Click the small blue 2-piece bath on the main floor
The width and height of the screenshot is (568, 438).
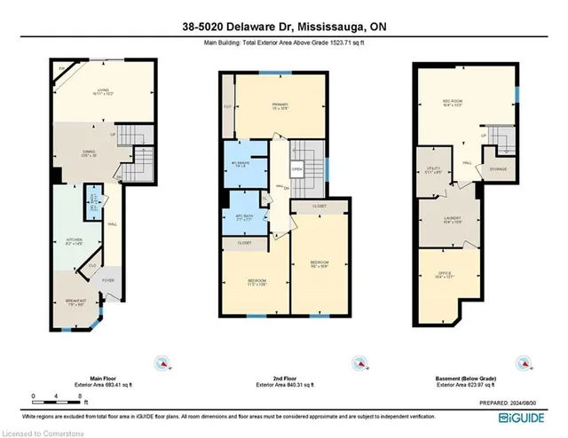pyautogui.click(x=91, y=202)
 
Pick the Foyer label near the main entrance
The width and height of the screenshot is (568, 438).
pyautogui.click(x=108, y=282)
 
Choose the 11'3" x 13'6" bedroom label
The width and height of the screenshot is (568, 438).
pyautogui.click(x=256, y=283)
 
